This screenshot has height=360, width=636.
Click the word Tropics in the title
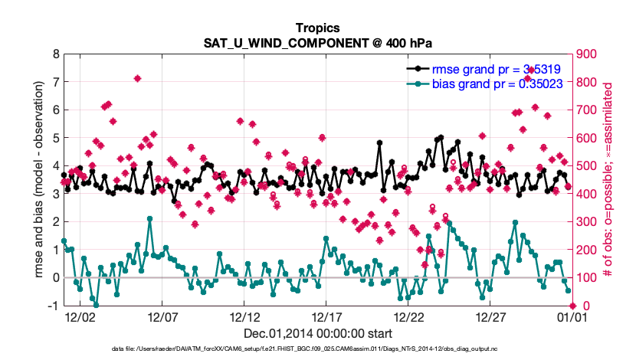[317, 28]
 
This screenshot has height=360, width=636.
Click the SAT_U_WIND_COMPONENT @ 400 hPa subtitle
[317, 42]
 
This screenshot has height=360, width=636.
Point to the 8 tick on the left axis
[56, 54]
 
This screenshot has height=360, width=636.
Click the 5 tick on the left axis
[56, 138]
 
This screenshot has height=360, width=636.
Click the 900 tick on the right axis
[585, 54]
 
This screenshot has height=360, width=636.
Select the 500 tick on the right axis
[585, 166]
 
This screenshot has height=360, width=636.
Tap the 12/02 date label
[79, 316]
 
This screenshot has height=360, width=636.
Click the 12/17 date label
[326, 316]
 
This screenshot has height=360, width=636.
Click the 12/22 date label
[408, 316]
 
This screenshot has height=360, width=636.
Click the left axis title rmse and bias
[38, 180]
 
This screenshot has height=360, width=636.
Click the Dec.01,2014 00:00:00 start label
[317, 333]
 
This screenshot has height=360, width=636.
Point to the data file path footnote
[317, 350]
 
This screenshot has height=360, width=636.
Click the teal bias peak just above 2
[150, 219]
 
